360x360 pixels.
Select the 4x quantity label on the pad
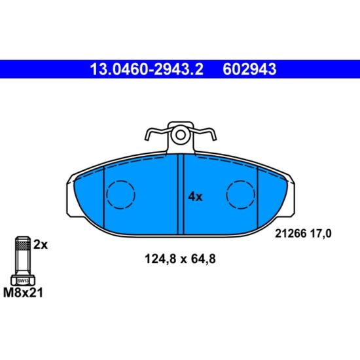tap(195, 196)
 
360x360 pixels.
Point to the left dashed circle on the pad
tap(120, 194)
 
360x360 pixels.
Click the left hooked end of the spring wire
tap(149, 135)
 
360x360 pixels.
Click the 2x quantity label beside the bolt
tap(41, 245)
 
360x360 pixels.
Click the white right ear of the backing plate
tap(291, 196)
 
